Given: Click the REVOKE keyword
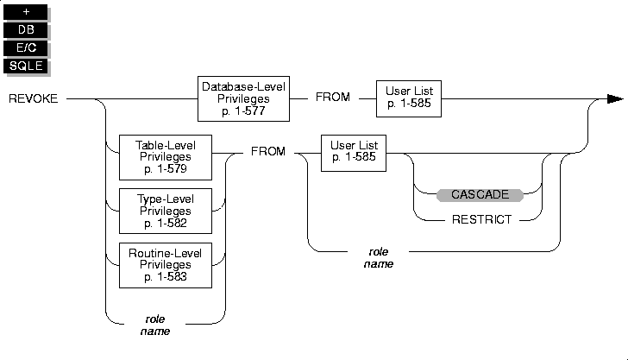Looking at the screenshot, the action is [x=34, y=98].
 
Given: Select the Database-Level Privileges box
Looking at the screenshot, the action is [x=243, y=98].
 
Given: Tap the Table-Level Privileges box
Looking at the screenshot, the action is [x=166, y=157].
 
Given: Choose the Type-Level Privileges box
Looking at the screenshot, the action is [x=166, y=211].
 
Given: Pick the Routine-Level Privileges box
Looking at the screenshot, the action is [x=166, y=265].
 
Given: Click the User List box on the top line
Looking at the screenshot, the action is [x=409, y=98].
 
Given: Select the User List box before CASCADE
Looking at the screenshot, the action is [x=354, y=153].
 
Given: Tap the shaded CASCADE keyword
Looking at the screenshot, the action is [x=480, y=195].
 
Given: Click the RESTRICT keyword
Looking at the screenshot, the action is [x=482, y=219].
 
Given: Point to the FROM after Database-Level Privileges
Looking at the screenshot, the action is [x=333, y=97].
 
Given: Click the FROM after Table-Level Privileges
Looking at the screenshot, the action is [x=268, y=152].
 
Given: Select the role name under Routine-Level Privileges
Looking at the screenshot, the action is [x=155, y=325].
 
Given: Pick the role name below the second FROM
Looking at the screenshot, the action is [x=379, y=258].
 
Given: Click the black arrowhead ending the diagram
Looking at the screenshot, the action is [x=615, y=98].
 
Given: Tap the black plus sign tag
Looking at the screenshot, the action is [x=26, y=12].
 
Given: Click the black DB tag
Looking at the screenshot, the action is [x=26, y=29].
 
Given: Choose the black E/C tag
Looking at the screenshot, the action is [x=26, y=47].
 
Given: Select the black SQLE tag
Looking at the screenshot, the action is [x=26, y=66].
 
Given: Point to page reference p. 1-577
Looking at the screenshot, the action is [x=243, y=111].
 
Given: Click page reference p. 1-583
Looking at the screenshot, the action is [x=166, y=277].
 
